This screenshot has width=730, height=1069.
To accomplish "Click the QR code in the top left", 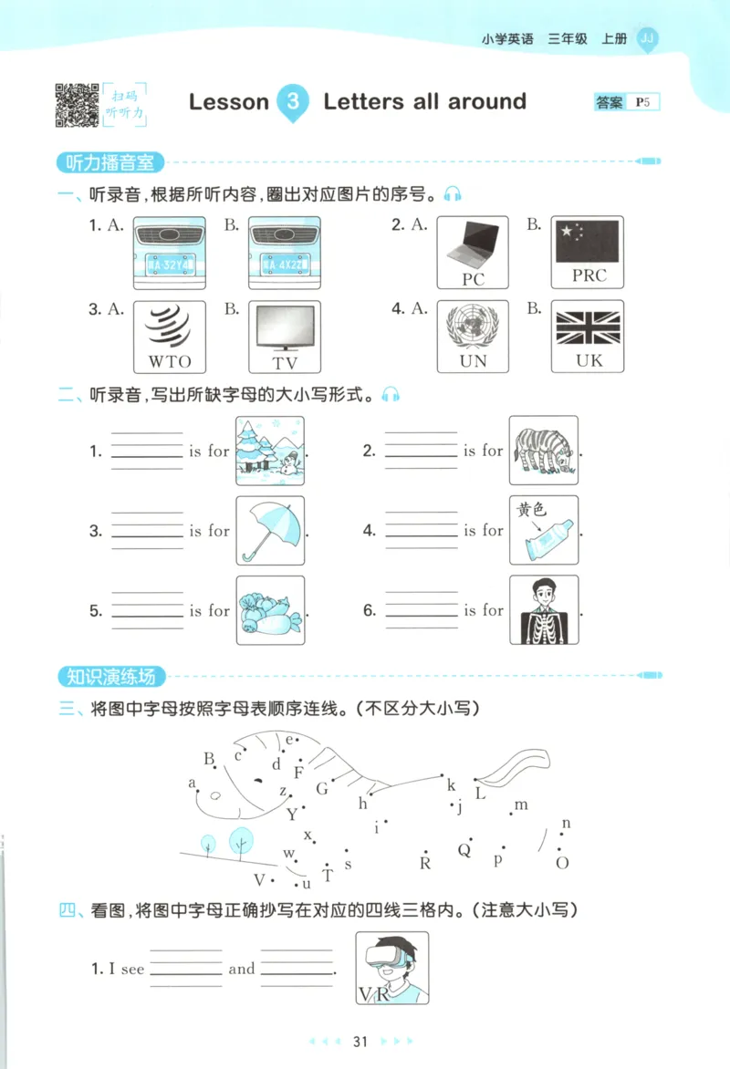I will pos(77,104).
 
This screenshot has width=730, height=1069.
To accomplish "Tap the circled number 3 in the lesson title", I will pos(292,101).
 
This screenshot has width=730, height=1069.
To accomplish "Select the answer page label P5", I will pos(643,103).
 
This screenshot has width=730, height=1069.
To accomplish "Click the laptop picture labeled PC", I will pos(473,252).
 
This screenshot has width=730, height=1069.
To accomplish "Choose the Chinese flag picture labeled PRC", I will pos(589,252).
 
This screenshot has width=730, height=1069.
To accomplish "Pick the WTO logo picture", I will pos(170,336).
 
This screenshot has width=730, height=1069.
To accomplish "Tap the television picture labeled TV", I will pos(285,336).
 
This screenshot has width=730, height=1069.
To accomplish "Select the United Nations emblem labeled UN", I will pos(473,336).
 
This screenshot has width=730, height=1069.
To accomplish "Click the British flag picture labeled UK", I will pos(589,336).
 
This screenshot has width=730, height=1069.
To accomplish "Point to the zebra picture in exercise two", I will pos(543,451).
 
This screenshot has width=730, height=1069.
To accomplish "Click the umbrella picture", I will pos(270,530).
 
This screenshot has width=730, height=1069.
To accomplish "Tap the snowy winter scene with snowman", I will pos(270,451).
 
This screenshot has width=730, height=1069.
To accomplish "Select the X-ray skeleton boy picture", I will pos(543,610).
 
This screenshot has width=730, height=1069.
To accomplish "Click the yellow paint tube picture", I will pos(543,530).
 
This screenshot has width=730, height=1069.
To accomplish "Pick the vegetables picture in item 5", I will pos(270,610).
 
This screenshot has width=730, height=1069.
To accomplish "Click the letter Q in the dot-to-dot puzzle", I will pos(464,850).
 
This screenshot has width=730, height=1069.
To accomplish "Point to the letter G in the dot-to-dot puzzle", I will pos(321,789).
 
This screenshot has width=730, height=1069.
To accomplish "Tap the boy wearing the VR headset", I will pos(391,967).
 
